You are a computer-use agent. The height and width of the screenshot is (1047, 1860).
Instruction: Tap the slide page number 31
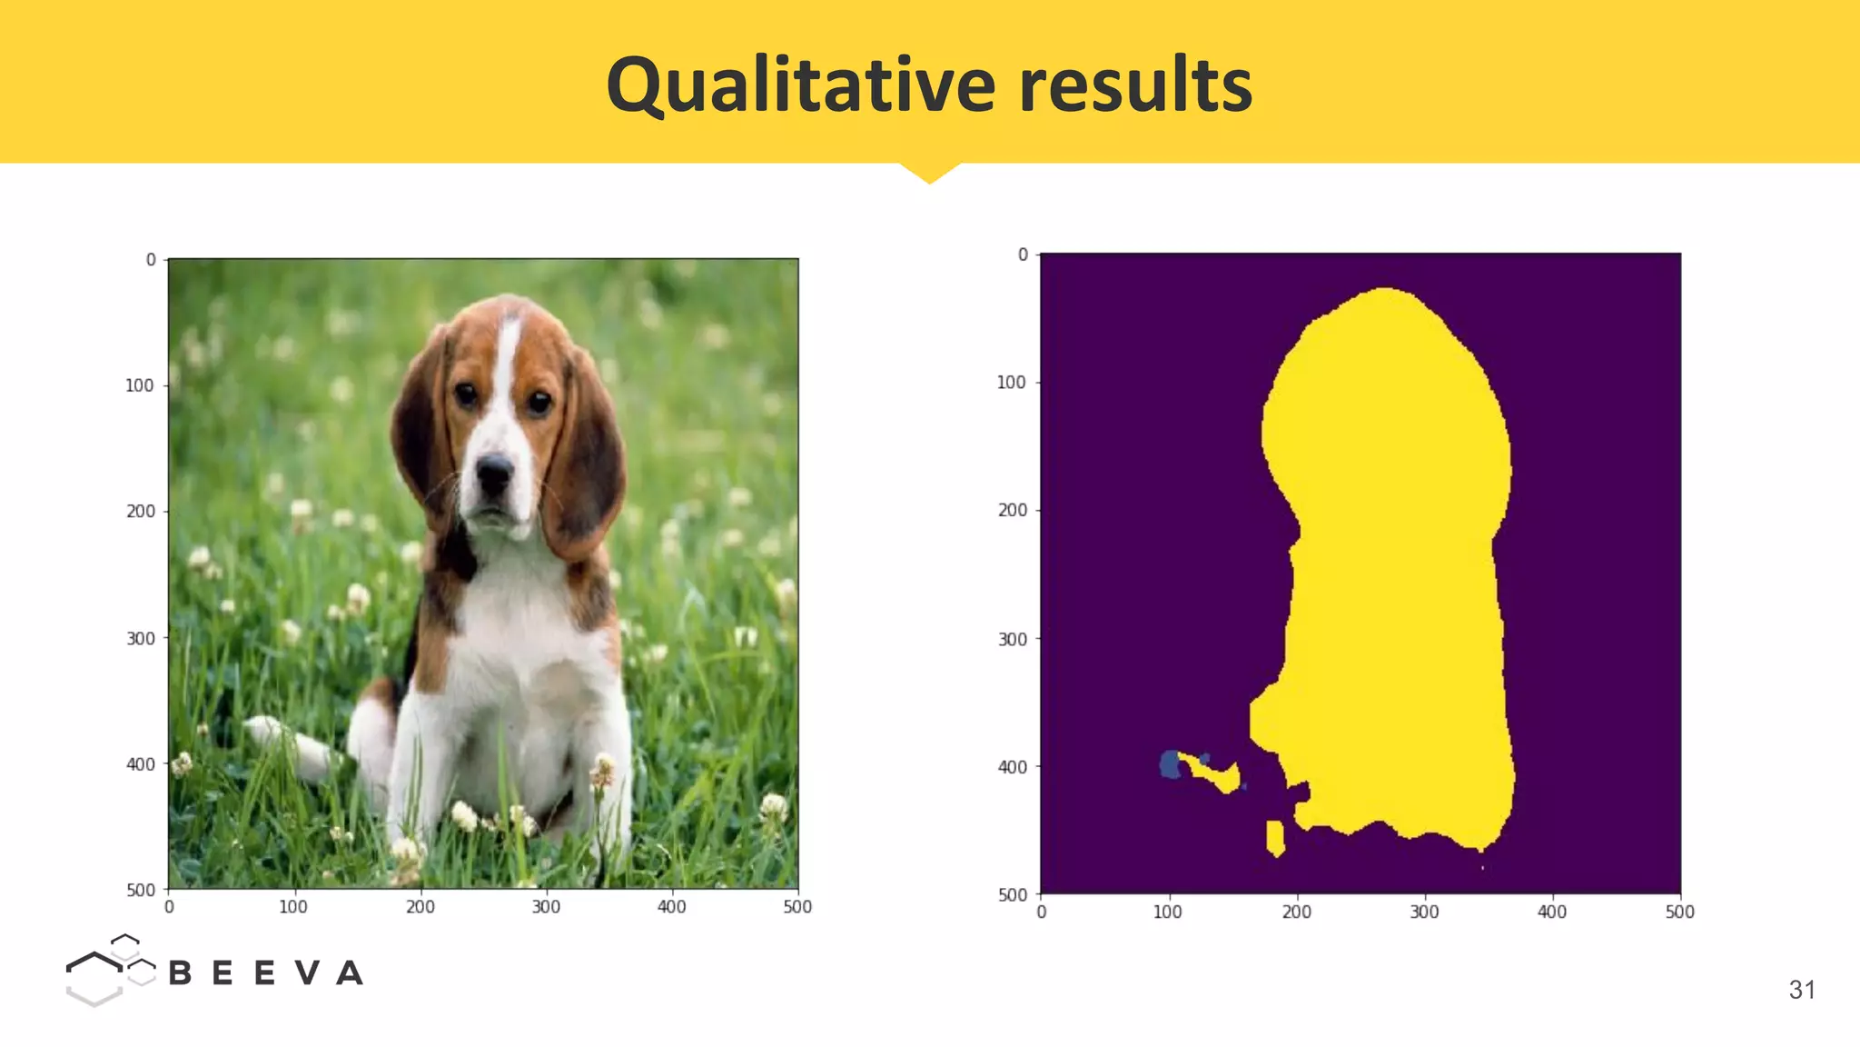[x=1802, y=990]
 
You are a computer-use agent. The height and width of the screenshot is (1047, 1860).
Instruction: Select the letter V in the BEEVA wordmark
[x=307, y=973]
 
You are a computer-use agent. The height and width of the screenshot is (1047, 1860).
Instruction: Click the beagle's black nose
[x=494, y=470]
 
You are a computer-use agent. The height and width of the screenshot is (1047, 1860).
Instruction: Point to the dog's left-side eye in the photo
[x=466, y=394]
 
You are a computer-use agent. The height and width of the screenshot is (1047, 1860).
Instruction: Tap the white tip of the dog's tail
[x=262, y=728]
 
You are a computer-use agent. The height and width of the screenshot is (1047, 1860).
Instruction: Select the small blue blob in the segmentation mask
[x=1170, y=764]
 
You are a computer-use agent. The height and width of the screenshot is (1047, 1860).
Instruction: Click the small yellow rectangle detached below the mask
[x=1275, y=838]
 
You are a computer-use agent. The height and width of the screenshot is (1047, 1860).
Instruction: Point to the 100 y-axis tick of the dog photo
[x=139, y=385]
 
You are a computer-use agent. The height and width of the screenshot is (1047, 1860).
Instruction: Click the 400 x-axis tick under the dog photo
[x=672, y=906]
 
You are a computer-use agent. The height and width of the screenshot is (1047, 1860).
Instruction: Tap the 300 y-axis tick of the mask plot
[x=1012, y=639]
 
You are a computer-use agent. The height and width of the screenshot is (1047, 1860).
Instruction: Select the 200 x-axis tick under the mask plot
[x=1296, y=912]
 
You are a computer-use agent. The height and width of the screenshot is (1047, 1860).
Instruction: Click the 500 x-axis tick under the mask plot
[x=1679, y=912]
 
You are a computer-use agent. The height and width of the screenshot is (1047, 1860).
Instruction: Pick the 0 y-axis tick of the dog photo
[x=151, y=260]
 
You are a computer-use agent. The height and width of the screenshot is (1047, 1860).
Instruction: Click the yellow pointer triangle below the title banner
[x=929, y=172]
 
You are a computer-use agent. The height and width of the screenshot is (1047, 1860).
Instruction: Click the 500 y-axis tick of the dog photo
[x=140, y=890]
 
